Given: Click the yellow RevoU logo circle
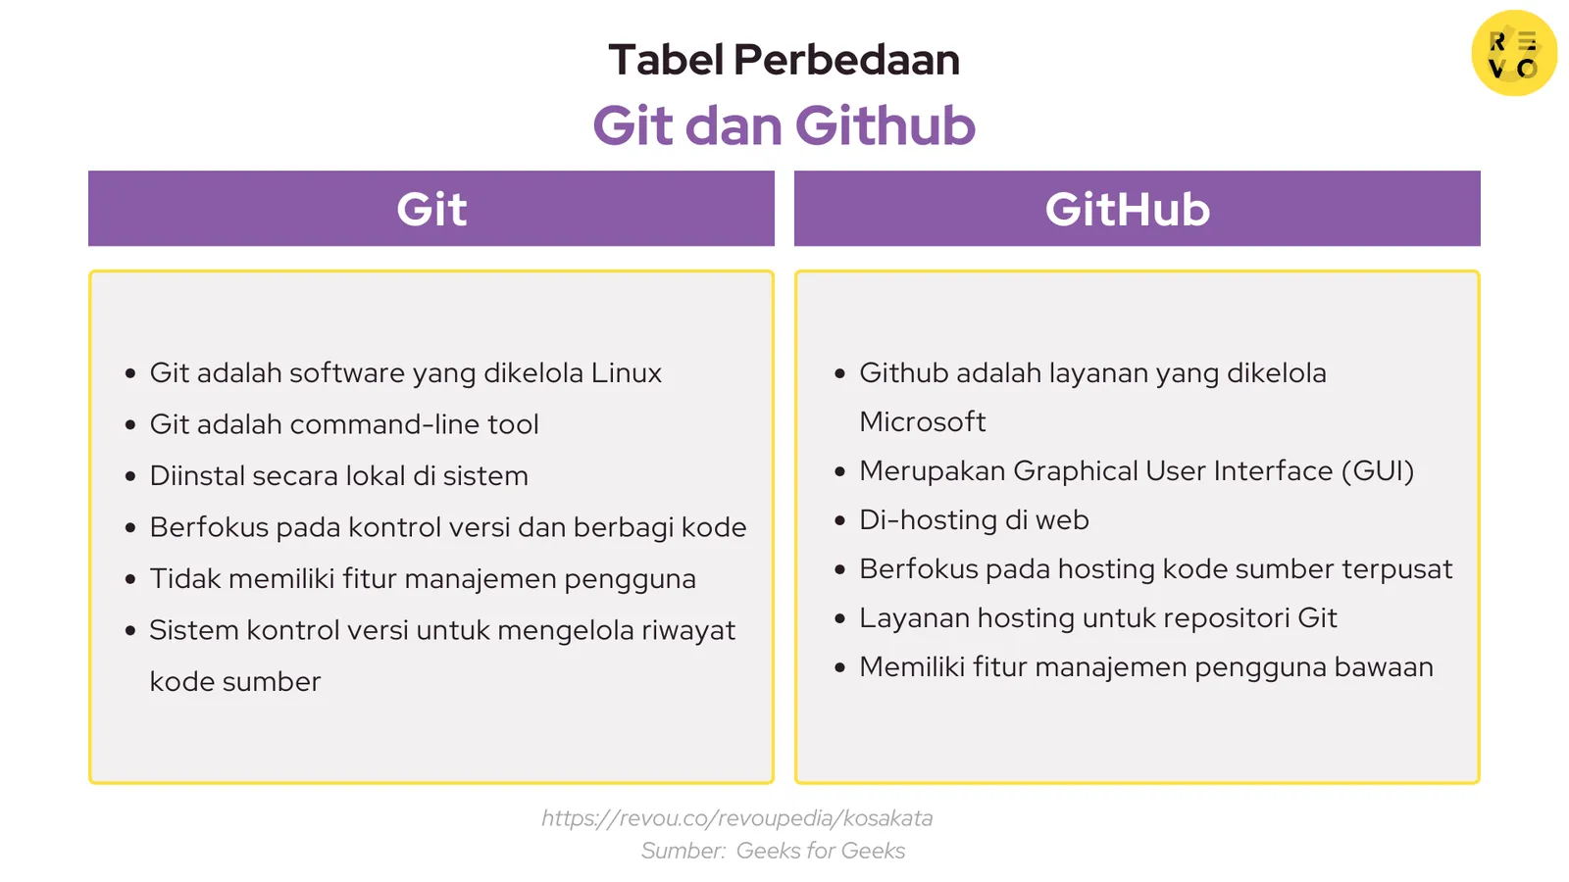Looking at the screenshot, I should [1513, 53].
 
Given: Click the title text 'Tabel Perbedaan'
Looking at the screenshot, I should [784, 60].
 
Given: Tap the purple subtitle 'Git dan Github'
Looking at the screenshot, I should [784, 126].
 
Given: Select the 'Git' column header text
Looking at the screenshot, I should [431, 209].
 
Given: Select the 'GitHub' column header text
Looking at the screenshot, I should [1127, 209].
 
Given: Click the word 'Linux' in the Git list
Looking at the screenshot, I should [626, 373].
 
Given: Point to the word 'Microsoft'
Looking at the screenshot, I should [922, 422].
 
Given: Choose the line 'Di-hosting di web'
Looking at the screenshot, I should [973, 520].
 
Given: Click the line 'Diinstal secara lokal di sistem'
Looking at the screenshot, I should [338, 476].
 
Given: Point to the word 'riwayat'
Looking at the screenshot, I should [687, 630].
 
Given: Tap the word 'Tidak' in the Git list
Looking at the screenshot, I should [185, 579].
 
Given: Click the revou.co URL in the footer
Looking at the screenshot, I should [736, 818].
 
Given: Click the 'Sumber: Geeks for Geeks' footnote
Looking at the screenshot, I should [773, 851].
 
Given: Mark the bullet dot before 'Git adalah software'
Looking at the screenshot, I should [130, 373].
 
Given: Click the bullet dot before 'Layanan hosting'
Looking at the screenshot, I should [839, 618].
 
